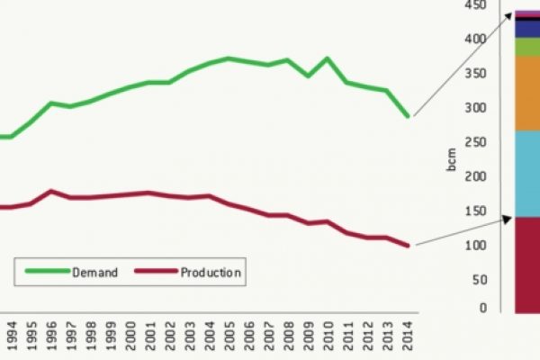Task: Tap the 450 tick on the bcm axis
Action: tap(475, 5)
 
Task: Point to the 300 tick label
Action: tap(475, 108)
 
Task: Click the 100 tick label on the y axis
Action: tap(475, 246)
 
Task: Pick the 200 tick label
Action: tap(475, 177)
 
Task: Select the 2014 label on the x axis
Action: tap(409, 338)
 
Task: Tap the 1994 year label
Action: tap(11, 338)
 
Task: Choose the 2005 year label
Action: tap(229, 338)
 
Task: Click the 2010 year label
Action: tap(328, 338)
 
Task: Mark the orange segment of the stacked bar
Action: tap(526, 93)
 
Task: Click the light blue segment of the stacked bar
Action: tap(526, 174)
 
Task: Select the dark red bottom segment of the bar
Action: tap(526, 265)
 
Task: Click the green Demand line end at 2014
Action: tap(408, 116)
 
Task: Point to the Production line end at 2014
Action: tap(408, 245)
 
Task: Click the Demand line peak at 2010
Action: tap(328, 58)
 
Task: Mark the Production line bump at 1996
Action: tap(51, 191)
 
